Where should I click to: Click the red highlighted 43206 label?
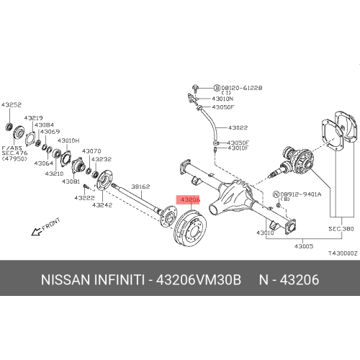[190, 199]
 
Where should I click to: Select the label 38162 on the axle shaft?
[140, 186]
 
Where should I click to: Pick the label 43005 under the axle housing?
[302, 246]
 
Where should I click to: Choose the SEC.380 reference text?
[342, 228]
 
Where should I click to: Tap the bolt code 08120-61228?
[242, 87]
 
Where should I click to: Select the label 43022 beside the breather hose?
[238, 127]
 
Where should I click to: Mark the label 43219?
[33, 117]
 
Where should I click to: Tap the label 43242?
[102, 205]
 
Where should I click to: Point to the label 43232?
[101, 159]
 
